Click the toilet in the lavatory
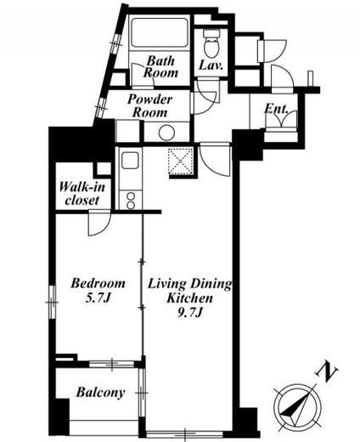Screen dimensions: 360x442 click(211, 43)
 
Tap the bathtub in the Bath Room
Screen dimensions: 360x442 click(160, 32)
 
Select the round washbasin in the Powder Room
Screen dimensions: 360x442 click(166, 133)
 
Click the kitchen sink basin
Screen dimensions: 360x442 click(130, 161)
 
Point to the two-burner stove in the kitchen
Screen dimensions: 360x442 click(131, 201)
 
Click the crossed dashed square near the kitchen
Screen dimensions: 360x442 click(181, 161)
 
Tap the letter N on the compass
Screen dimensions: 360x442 click(327, 371)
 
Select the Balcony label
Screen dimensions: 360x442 click(100, 393)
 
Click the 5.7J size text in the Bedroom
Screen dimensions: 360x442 click(98, 298)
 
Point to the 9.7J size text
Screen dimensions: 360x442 click(189, 313)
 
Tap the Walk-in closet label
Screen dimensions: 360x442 click(82, 194)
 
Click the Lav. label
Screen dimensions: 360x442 click(211, 65)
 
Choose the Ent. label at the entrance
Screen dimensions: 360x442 click(276, 109)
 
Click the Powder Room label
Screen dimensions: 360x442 click(149, 105)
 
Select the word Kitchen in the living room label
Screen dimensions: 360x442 click(189, 298)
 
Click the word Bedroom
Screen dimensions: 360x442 click(98, 283)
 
